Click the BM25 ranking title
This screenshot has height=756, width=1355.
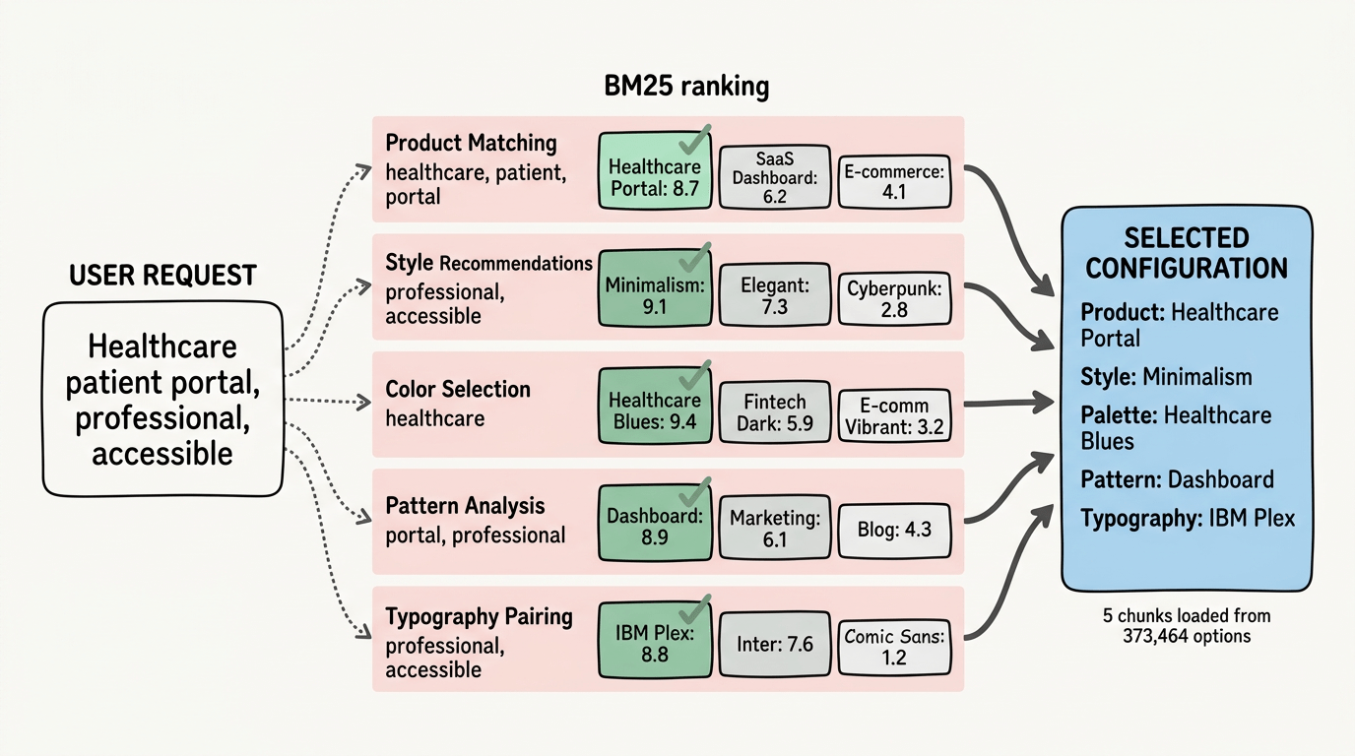685,87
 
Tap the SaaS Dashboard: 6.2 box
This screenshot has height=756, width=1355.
773,178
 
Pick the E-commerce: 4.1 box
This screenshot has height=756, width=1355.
894,182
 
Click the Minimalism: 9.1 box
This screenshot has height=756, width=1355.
655,294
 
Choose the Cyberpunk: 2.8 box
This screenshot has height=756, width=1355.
894,299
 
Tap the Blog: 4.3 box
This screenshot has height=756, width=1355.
894,529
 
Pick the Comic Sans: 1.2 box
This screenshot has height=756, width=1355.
894,647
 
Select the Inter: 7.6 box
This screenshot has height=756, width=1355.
773,644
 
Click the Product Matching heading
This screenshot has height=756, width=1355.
471,143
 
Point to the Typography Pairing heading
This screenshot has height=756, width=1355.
479,616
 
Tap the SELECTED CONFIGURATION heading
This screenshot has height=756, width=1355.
1187,253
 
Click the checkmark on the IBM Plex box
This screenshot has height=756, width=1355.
696,605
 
